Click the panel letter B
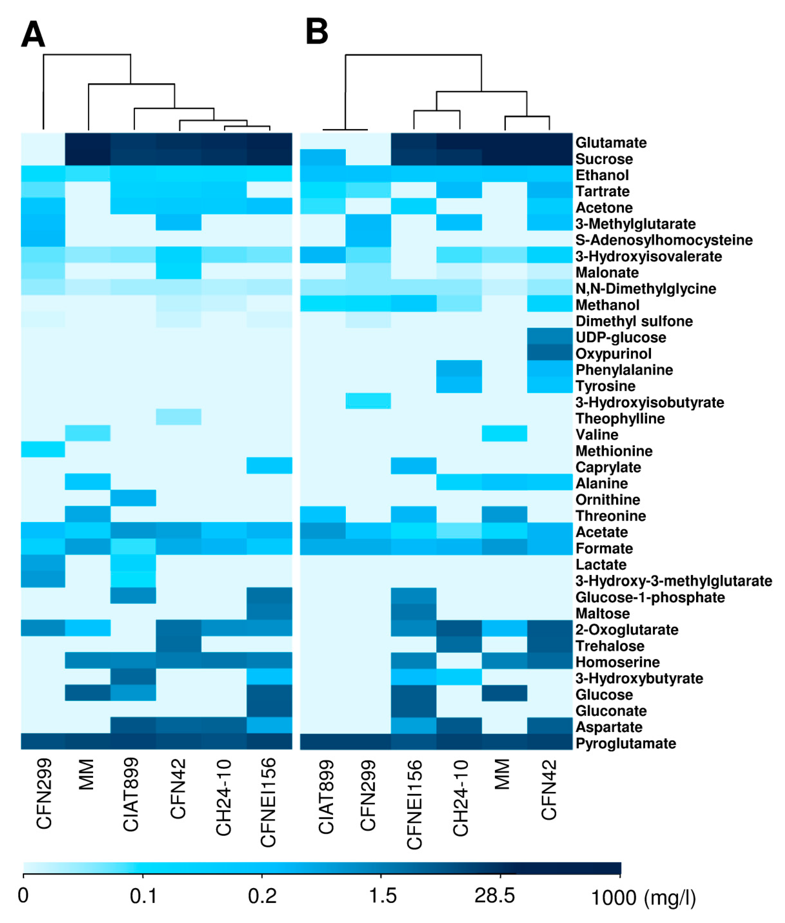coord(317,32)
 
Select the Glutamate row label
coord(611,143)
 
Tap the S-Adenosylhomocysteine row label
coord(664,240)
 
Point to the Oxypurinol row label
coord(613,354)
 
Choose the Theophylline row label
coord(620,419)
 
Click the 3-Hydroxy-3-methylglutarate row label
coord(673,581)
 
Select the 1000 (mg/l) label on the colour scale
coord(643,897)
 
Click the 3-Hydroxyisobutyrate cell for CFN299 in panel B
coord(368,401)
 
